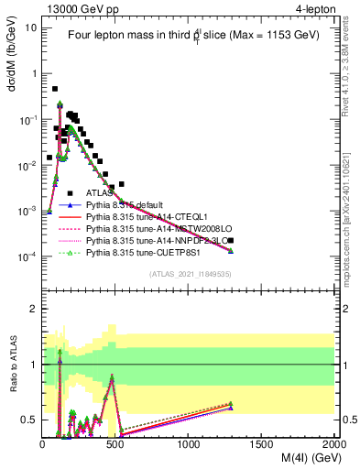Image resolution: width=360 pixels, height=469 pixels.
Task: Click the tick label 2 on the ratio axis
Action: (x=32, y=309)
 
